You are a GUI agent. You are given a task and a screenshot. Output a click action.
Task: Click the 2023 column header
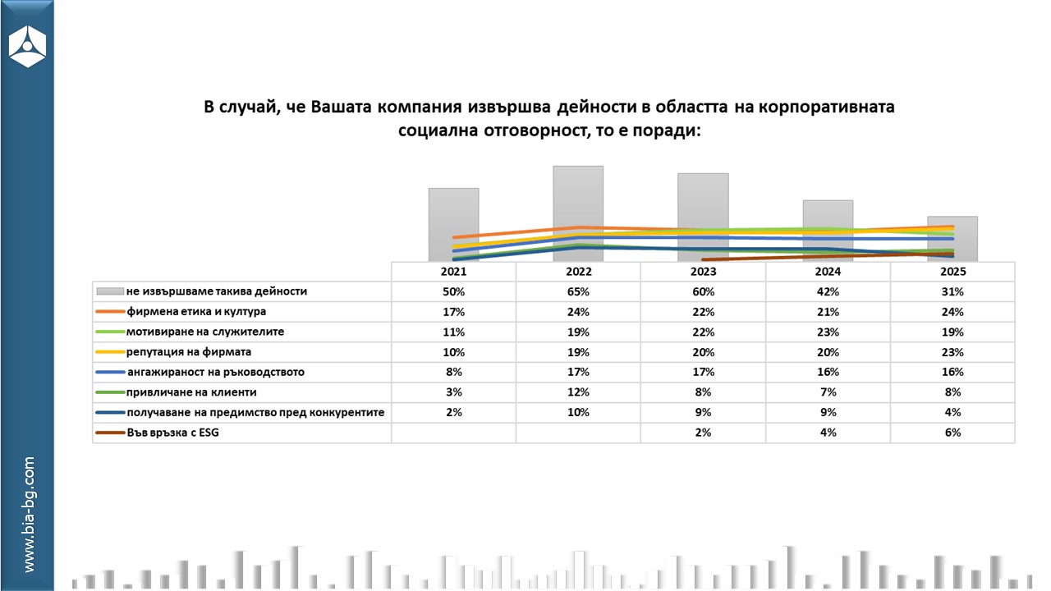pos(703,272)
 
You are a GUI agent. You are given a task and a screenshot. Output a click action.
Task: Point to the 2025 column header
pos(952,272)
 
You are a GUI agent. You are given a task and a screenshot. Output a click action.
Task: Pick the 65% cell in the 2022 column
pos(578,291)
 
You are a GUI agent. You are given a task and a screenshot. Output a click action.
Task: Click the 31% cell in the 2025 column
pos(952,291)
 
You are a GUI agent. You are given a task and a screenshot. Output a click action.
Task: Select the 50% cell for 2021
pos(453,291)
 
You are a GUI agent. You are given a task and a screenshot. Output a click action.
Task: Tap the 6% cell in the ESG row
pos(952,433)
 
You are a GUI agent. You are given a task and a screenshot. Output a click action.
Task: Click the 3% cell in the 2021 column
pos(453,392)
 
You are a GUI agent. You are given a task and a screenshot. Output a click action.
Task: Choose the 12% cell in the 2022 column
pos(578,392)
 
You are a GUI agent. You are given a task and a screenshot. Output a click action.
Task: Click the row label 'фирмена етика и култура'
pos(196,312)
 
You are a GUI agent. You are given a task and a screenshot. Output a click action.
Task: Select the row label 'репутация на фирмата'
pos(190,352)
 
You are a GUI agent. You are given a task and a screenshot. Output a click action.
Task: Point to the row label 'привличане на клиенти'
pos(191,392)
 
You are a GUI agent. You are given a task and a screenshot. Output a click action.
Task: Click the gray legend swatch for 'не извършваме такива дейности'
pos(109,291)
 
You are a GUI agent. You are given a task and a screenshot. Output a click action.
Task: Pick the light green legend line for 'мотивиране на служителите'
pos(109,332)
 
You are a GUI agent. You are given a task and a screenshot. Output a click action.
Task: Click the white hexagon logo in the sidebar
pos(27,48)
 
